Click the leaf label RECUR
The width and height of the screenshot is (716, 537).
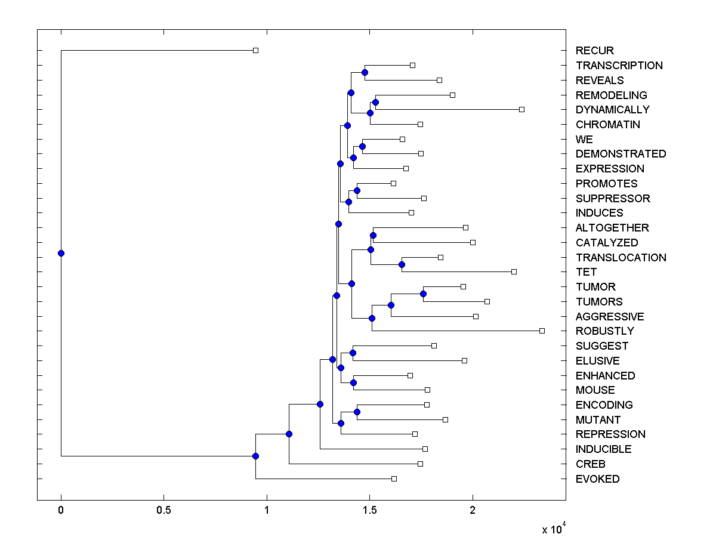pyautogui.click(x=594, y=51)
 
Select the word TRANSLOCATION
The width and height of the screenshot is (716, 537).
pyautogui.click(x=621, y=258)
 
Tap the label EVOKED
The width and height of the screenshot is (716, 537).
pyautogui.click(x=597, y=479)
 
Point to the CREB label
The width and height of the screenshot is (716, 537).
pyautogui.click(x=590, y=464)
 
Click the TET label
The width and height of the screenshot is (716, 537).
pyautogui.click(x=586, y=272)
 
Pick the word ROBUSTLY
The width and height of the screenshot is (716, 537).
pyautogui.click(x=604, y=331)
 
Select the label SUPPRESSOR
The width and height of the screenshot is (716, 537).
pyautogui.click(x=613, y=199)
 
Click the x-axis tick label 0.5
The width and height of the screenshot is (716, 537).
pyautogui.click(x=163, y=511)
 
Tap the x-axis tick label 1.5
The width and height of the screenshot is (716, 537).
pyautogui.click(x=369, y=511)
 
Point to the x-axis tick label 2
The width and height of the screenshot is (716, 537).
pyautogui.click(x=473, y=511)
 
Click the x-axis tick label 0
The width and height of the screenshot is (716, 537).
pyautogui.click(x=61, y=511)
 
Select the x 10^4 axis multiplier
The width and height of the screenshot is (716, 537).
pyautogui.click(x=553, y=529)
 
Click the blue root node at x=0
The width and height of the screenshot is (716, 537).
pyautogui.click(x=61, y=253)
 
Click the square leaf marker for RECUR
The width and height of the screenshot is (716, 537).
pyautogui.click(x=255, y=51)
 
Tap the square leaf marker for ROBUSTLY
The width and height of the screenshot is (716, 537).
pyautogui.click(x=542, y=331)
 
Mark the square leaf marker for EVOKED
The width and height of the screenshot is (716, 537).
pyautogui.click(x=394, y=479)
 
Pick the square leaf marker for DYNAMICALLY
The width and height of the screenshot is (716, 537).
pyautogui.click(x=521, y=110)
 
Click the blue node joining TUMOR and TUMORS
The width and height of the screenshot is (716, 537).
pyautogui.click(x=423, y=294)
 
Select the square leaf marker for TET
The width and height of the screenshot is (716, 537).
pyautogui.click(x=514, y=272)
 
